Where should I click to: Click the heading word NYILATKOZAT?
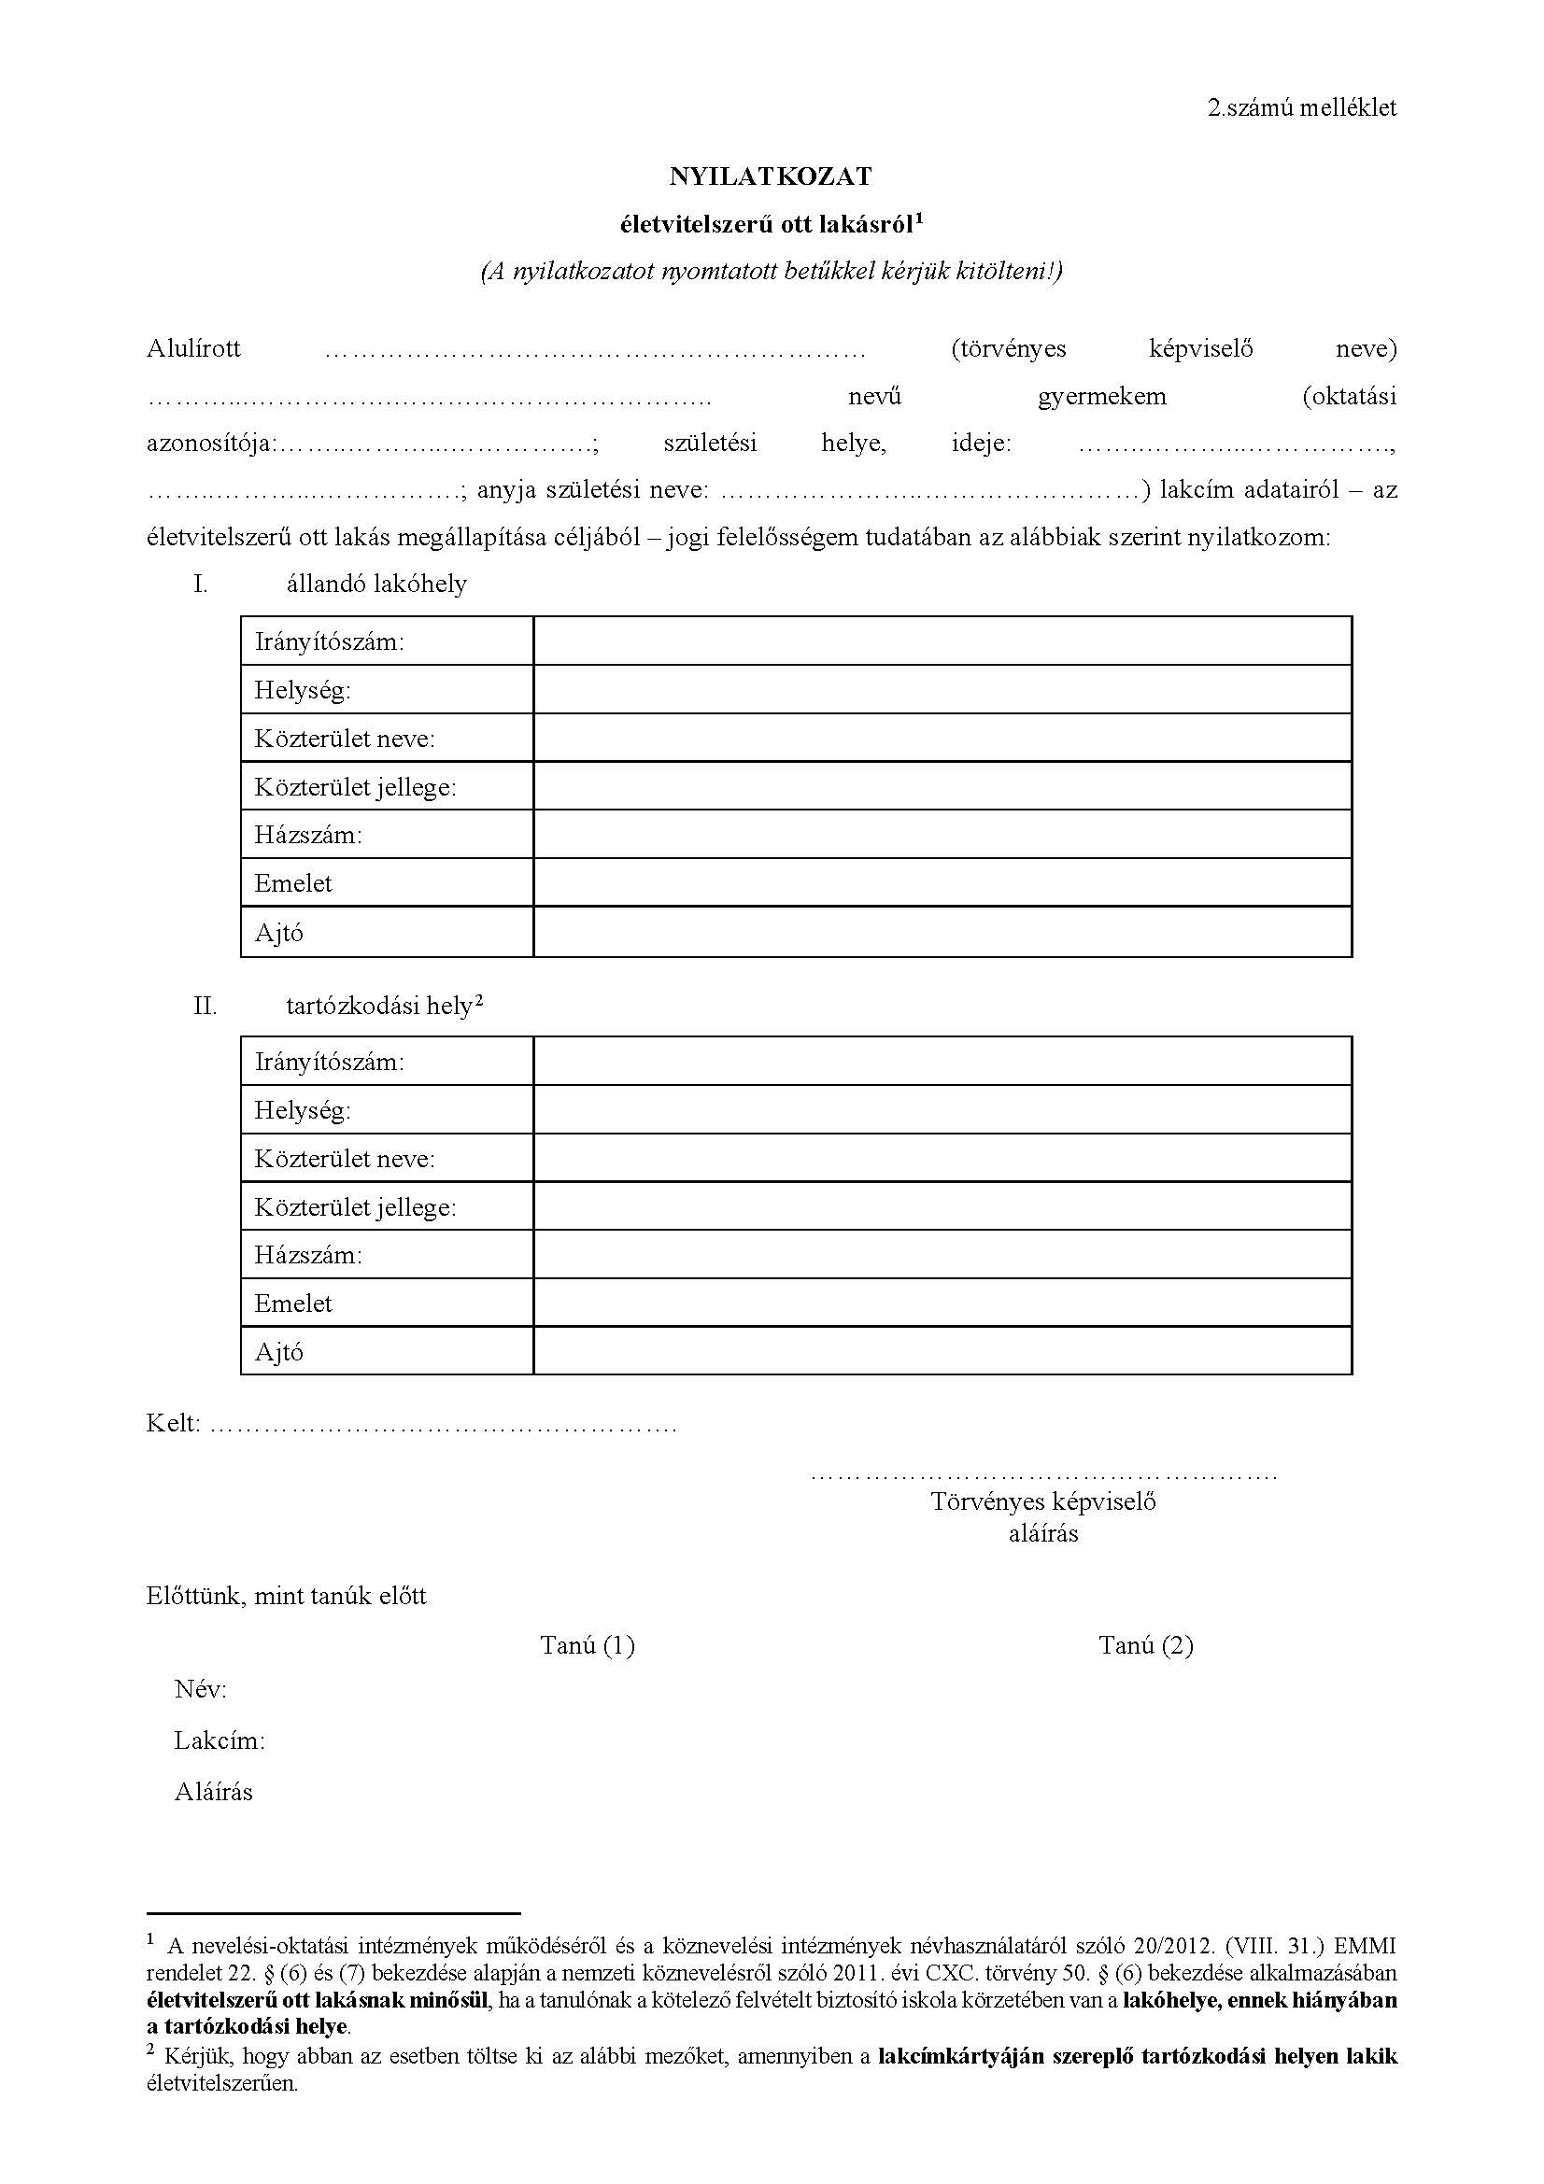pos(770,176)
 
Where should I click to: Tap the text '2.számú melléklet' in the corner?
pos(1301,107)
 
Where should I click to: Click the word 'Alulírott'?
pos(193,348)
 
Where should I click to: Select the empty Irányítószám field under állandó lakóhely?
pos(942,641)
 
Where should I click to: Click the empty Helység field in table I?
pos(942,690)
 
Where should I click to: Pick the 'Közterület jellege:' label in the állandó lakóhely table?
pos(355,788)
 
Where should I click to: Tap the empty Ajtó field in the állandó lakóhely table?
pos(942,932)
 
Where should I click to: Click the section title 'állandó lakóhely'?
pos(376,583)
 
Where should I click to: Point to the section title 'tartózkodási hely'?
pos(379,1006)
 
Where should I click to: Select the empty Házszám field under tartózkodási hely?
pos(942,1255)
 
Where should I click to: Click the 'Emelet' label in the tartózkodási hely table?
pos(293,1303)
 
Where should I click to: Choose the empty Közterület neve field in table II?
pos(942,1158)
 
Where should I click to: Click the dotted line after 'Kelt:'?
pos(443,1425)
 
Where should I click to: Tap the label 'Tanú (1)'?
pos(587,1644)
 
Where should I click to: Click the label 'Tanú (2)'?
pos(1145,1644)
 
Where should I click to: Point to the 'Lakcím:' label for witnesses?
pos(219,1740)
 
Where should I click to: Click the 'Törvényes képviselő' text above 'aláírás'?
pos(1042,1502)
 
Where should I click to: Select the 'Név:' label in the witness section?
pos(201,1689)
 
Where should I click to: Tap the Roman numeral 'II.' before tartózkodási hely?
pos(205,1006)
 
